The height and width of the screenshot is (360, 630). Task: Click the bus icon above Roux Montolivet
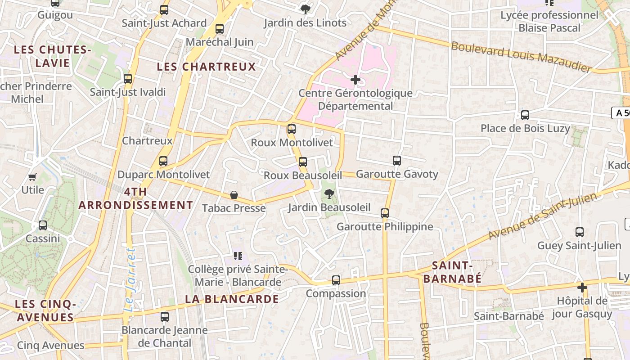pyautogui.click(x=292, y=129)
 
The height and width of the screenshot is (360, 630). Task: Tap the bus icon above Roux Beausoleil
pyautogui.click(x=303, y=162)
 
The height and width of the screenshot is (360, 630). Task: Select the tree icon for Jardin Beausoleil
pyautogui.click(x=329, y=194)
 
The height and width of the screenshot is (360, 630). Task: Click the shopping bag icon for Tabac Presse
pyautogui.click(x=234, y=195)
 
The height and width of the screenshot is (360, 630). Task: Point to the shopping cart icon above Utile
pyautogui.click(x=32, y=177)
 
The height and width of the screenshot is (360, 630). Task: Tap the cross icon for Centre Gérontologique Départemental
pyautogui.click(x=355, y=80)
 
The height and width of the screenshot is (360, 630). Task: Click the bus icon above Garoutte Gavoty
pyautogui.click(x=396, y=161)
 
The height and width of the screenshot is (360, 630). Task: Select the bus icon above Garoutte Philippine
pyautogui.click(x=385, y=213)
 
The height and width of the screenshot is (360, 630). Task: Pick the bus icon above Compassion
pyautogui.click(x=336, y=280)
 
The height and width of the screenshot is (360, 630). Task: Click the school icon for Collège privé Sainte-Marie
pyautogui.click(x=238, y=256)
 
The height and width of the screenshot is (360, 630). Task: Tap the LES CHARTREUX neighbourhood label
pyautogui.click(x=206, y=67)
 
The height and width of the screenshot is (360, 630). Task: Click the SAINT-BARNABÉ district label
pyautogui.click(x=452, y=272)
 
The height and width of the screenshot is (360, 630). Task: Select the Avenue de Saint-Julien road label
pyautogui.click(x=542, y=216)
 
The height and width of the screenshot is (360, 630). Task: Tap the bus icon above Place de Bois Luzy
pyautogui.click(x=525, y=115)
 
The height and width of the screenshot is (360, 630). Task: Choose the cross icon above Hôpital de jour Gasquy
pyautogui.click(x=582, y=287)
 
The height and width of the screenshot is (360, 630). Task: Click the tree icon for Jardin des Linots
pyautogui.click(x=305, y=9)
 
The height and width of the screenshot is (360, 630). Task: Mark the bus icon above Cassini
pyautogui.click(x=43, y=225)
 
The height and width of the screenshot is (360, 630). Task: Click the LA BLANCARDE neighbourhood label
pyautogui.click(x=232, y=299)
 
